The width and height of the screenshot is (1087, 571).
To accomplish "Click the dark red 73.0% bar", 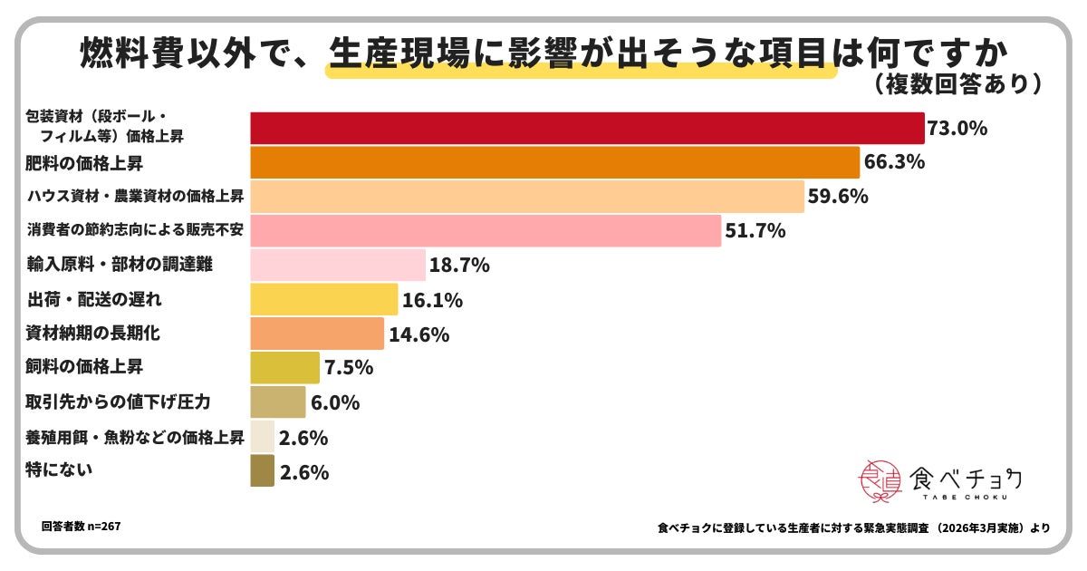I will click(586, 129).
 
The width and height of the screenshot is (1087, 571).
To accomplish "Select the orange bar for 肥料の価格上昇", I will click(554, 163).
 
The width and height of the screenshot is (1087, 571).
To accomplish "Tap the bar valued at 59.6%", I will click(526, 197).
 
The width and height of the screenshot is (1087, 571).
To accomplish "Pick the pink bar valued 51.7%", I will click(485, 231).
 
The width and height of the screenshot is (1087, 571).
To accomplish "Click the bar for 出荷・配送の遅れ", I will click(323, 299).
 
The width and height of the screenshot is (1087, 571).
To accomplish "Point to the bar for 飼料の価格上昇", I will click(284, 368).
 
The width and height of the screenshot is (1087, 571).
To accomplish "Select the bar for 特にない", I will click(262, 471).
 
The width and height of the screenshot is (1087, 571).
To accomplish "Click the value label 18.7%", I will click(459, 266).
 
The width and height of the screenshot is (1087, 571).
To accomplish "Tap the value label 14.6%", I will click(419, 334).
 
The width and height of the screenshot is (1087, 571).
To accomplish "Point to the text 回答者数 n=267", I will click(81, 526).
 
